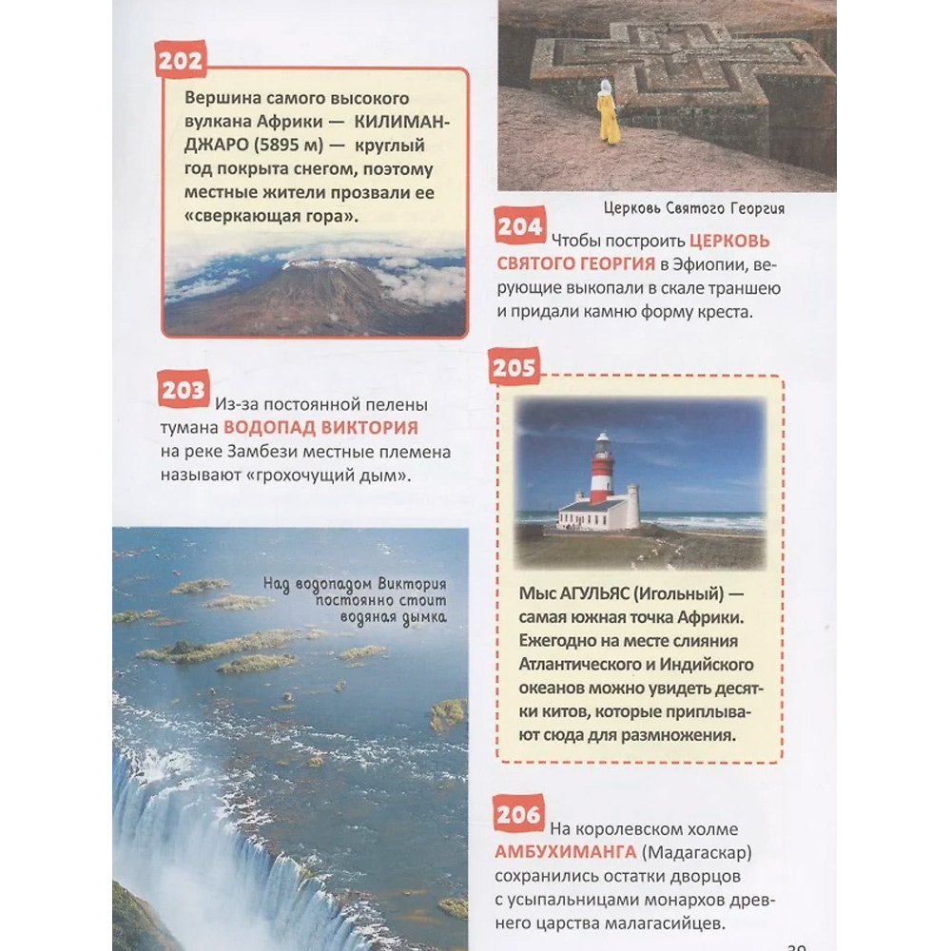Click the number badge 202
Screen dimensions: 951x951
click(x=181, y=62)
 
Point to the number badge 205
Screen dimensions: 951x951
click(x=514, y=368)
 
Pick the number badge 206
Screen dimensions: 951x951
click(x=519, y=814)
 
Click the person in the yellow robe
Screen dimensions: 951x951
click(x=607, y=112)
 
